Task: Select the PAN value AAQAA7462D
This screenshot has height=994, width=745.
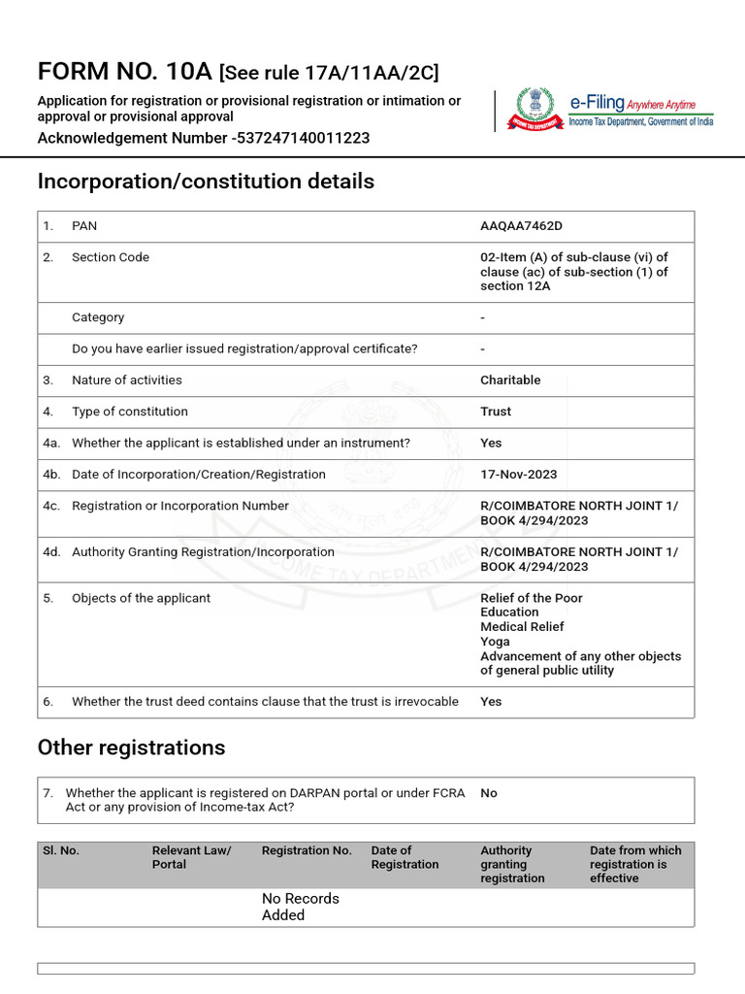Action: pos(521,226)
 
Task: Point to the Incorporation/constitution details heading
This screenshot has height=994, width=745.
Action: pos(206,182)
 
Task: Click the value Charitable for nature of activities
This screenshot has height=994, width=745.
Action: pos(510,381)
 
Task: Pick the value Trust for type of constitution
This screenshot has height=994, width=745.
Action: pos(496,412)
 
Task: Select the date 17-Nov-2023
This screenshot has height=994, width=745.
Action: pos(519,475)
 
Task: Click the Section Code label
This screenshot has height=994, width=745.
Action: pos(111,257)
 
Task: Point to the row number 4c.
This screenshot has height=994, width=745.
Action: pos(51,506)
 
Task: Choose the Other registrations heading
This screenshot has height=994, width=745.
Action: pos(131,747)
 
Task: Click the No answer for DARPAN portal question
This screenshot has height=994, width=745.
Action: pos(489,793)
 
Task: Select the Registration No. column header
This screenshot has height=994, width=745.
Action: pos(307,850)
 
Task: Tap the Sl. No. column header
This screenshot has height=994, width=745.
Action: pos(61,850)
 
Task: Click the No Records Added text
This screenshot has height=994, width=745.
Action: pos(300,907)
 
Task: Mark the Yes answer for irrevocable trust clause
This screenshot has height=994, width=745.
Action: pos(491,702)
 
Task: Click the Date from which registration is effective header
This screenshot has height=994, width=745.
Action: pos(635,864)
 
